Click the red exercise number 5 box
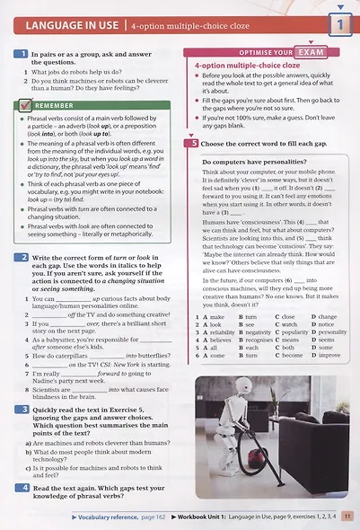(193, 143)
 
